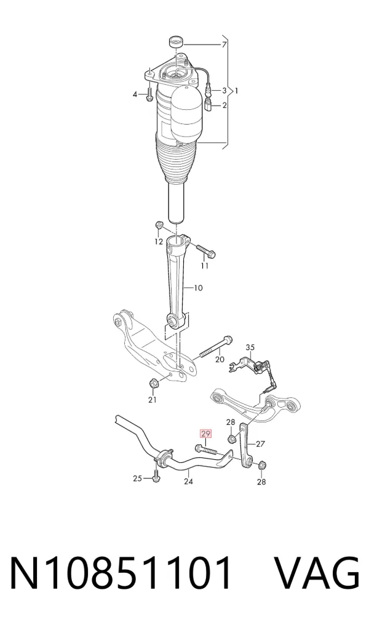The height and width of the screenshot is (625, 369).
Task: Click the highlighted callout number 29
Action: click(205, 433)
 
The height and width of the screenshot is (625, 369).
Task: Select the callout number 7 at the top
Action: click(224, 44)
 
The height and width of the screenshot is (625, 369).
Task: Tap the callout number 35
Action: click(250, 347)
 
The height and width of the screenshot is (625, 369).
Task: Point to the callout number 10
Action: click(198, 287)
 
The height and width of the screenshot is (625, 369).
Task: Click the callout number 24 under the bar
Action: click(188, 481)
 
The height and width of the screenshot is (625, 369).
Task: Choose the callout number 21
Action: click(153, 400)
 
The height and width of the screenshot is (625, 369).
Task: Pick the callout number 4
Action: click(135, 95)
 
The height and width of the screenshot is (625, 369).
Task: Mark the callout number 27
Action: click(260, 443)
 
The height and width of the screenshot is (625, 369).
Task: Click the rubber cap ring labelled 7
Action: click(175, 41)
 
